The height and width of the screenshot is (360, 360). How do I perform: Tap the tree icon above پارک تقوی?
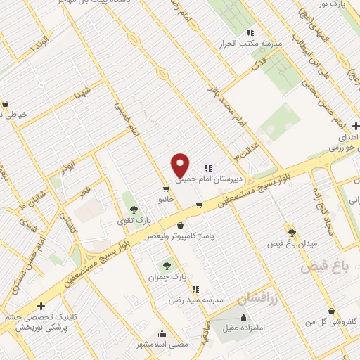(133, 210)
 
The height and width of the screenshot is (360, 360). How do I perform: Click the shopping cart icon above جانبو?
(165, 189)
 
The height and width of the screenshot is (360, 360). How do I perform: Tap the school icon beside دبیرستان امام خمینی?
(208, 168)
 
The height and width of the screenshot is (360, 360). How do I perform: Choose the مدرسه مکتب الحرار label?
(252, 43)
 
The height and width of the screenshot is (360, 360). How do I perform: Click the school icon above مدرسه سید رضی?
(195, 289)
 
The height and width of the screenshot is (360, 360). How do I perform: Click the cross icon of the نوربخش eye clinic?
(41, 307)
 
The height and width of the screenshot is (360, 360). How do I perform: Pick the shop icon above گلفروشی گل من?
(330, 311)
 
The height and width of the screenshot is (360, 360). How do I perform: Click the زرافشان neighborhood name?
(255, 300)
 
